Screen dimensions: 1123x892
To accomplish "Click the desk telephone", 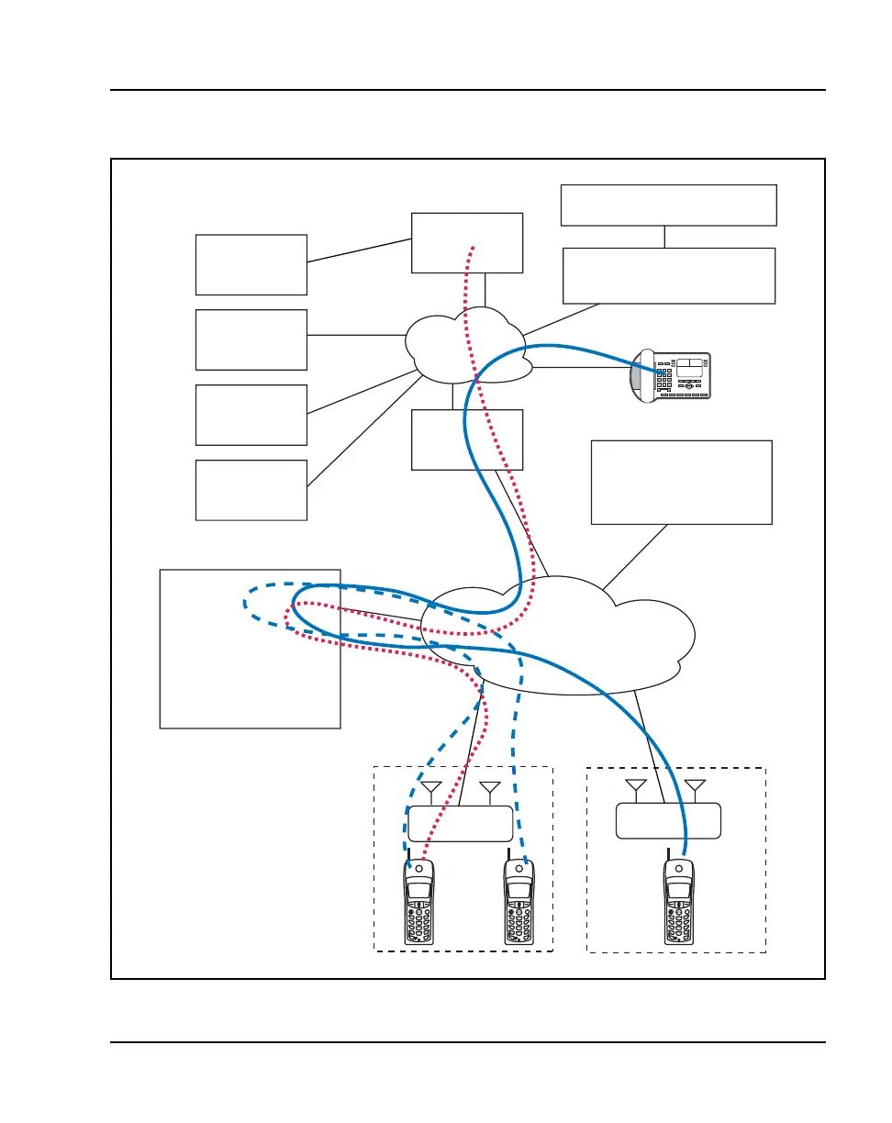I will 670,375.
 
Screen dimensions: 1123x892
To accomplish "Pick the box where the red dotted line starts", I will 466,242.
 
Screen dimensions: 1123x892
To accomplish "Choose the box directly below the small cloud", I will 466,439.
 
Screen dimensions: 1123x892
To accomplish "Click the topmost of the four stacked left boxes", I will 251,264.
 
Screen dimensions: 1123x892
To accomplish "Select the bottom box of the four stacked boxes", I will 251,490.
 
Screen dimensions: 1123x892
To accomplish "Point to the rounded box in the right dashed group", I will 667,820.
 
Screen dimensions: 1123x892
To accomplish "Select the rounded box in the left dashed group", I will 459,823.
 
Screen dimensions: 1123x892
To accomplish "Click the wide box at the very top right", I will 668,205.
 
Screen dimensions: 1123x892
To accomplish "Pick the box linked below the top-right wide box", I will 668,275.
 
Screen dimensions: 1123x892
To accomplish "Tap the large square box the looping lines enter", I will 250,649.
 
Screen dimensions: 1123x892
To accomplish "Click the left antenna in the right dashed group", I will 634,787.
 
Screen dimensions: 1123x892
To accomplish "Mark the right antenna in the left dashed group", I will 489,789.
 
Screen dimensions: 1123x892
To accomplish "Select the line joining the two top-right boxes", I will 663,236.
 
